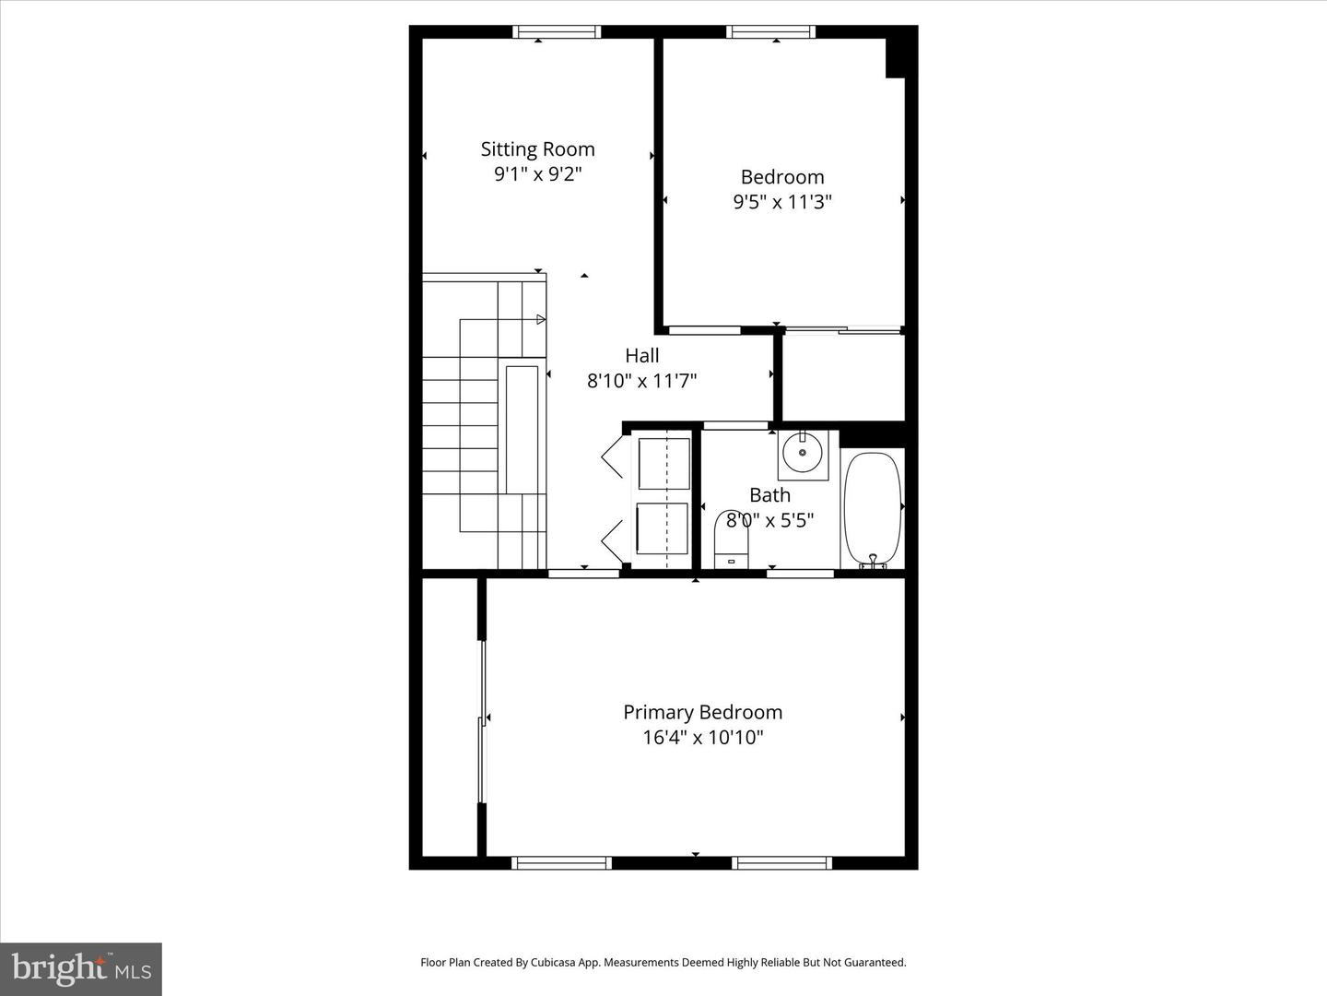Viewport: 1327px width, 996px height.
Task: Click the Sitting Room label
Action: pos(537,149)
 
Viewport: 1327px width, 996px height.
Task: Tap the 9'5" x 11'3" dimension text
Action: pos(782,202)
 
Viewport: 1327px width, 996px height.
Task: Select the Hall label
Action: pos(642,355)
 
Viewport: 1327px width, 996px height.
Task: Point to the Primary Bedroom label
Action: pos(702,712)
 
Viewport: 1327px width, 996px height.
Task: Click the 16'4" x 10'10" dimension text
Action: pos(702,737)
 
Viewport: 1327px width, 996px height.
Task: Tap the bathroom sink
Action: pos(803,453)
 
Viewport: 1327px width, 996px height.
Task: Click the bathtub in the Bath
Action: pos(872,507)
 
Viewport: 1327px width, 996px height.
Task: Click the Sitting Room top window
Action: pos(557,32)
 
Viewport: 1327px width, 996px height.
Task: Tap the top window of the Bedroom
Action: pos(770,32)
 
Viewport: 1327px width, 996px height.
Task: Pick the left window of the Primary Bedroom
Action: pos(561,863)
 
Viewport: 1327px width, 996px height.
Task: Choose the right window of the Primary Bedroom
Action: pos(782,863)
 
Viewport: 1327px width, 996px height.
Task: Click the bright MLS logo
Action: pos(81,968)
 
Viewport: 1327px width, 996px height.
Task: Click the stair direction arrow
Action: pos(541,320)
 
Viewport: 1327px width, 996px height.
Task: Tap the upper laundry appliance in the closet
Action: pos(663,464)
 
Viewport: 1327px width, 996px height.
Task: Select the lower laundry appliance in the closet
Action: pos(663,528)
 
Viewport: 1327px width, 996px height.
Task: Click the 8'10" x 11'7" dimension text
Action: pos(642,380)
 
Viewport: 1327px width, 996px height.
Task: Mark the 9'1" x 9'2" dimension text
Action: pos(537,174)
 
